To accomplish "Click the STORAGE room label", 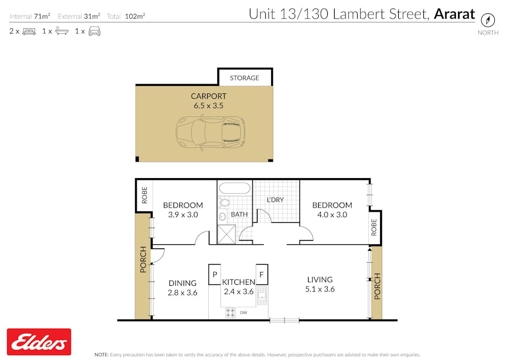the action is pyautogui.click(x=244, y=78).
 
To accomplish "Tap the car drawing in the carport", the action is pyautogui.click(x=210, y=133).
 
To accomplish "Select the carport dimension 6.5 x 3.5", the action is pyautogui.click(x=208, y=106).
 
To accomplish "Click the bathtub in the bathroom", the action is pyautogui.click(x=235, y=188).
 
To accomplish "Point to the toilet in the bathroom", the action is pyautogui.click(x=224, y=203).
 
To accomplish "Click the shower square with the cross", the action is pyautogui.click(x=226, y=234).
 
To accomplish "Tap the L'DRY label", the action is pyautogui.click(x=275, y=200).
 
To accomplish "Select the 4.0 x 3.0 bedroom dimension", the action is pyautogui.click(x=332, y=214).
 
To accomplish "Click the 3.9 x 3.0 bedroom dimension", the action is pyautogui.click(x=183, y=214).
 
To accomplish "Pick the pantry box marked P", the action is pyautogui.click(x=215, y=275).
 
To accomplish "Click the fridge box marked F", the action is pyautogui.click(x=262, y=275).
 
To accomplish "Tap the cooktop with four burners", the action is pyautogui.click(x=230, y=313).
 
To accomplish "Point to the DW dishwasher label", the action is pyautogui.click(x=243, y=313).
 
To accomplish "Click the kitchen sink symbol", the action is pyautogui.click(x=262, y=295).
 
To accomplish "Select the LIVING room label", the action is pyautogui.click(x=320, y=279).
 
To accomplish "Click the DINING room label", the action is pyautogui.click(x=182, y=283).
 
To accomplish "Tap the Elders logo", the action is pyautogui.click(x=39, y=342).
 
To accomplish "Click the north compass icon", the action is pyautogui.click(x=487, y=20).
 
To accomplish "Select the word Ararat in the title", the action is pyautogui.click(x=454, y=14).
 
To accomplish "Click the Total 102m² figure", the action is pyautogui.click(x=126, y=16).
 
